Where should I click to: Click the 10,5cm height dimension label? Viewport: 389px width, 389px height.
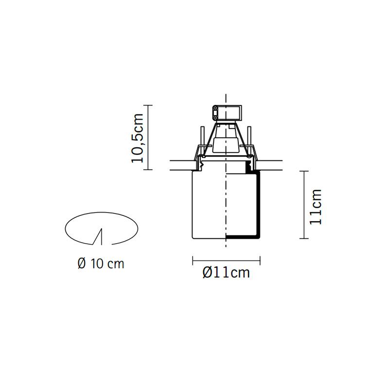click(x=138, y=138)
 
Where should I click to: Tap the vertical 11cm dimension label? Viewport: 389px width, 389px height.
click(x=316, y=207)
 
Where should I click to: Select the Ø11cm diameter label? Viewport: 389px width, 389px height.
click(x=226, y=272)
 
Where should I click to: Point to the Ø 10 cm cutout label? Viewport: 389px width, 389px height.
click(x=101, y=264)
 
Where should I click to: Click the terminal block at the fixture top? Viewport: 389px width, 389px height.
click(x=227, y=113)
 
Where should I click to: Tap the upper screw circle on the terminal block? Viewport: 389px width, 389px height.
click(x=215, y=108)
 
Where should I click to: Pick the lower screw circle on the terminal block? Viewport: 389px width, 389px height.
click(x=215, y=118)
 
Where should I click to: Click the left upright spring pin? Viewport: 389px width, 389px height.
click(x=202, y=139)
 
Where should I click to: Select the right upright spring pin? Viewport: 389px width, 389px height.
click(x=249, y=139)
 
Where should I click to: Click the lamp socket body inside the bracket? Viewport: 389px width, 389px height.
click(x=226, y=145)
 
